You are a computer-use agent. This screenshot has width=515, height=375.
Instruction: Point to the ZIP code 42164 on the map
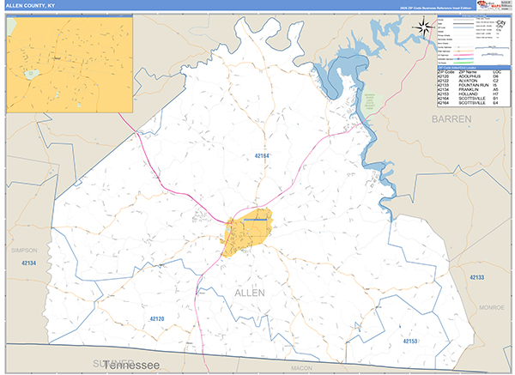point(262,155)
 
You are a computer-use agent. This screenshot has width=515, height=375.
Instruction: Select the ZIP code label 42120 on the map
point(156,318)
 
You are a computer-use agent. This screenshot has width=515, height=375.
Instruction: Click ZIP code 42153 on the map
point(410,341)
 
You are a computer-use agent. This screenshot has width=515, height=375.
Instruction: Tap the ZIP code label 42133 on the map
point(477,277)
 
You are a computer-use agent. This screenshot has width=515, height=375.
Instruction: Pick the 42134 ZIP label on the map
point(30,263)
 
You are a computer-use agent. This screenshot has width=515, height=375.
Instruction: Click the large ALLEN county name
point(249,293)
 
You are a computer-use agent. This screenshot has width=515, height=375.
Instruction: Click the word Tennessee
point(137,366)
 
